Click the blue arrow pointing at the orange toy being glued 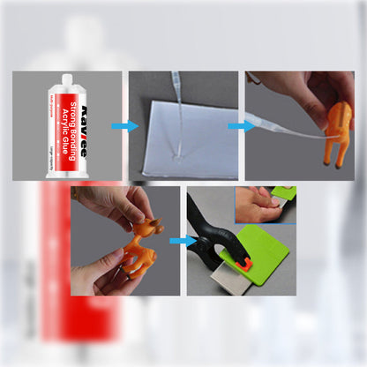click(236, 126)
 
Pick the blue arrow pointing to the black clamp click(183, 240)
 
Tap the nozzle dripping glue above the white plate click(176, 82)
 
